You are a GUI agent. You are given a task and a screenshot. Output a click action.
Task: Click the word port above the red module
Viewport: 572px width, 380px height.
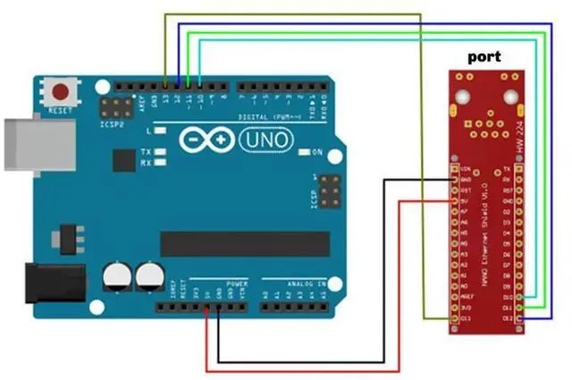(x=484, y=56)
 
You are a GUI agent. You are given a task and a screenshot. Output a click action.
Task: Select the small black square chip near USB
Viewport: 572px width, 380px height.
(x=123, y=161)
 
